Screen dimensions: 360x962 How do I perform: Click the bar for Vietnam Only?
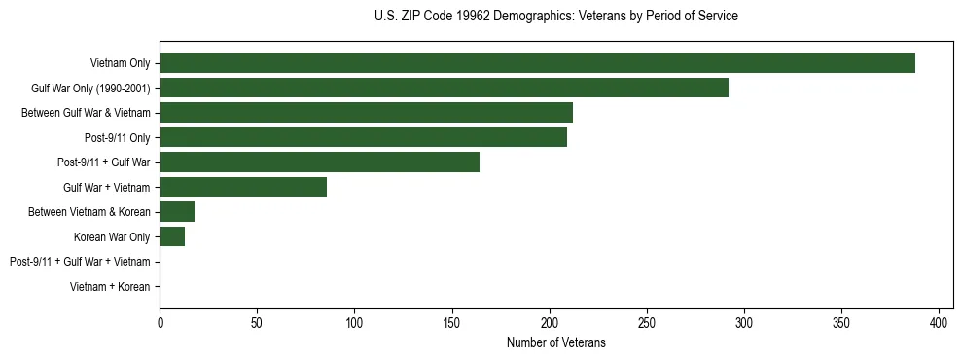pos(537,63)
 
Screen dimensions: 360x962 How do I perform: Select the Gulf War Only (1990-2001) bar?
pos(444,88)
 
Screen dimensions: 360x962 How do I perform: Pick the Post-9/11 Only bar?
pos(363,137)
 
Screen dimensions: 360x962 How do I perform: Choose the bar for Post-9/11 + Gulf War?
pos(319,162)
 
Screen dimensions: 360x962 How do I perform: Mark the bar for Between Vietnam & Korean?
pos(177,212)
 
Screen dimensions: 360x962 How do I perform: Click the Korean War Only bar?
pos(172,236)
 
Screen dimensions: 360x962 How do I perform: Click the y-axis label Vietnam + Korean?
pos(110,287)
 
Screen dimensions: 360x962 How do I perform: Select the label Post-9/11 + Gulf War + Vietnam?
pos(80,262)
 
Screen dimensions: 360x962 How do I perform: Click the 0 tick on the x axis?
pos(160,321)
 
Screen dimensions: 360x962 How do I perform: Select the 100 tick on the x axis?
pos(354,321)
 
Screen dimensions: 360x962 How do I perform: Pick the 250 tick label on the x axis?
pos(647,321)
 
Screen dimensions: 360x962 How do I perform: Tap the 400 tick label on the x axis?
pos(940,321)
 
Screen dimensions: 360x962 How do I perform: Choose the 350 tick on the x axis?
pos(841,321)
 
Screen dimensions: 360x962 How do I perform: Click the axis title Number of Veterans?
pos(555,342)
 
